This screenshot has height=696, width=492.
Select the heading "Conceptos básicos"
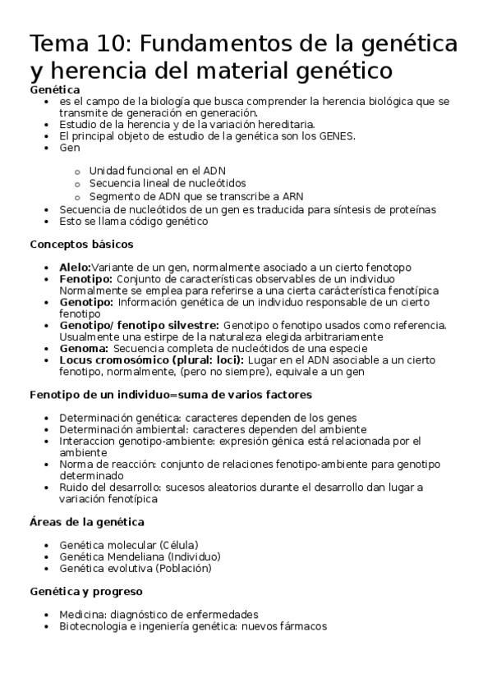click(81, 244)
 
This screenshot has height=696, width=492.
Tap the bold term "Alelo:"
click(75, 267)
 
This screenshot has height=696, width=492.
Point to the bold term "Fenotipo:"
click(86, 278)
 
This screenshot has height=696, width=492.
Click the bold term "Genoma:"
click(84, 348)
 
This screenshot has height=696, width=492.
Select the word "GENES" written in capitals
click(336, 136)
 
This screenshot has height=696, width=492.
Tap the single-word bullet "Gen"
click(70, 148)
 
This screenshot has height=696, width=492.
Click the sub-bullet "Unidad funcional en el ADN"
click(158, 171)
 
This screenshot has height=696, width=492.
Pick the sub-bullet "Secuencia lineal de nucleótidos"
click(168, 183)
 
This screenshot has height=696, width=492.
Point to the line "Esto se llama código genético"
click(134, 221)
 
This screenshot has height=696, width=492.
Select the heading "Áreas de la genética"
click(87, 521)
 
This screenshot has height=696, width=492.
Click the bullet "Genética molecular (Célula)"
click(129, 544)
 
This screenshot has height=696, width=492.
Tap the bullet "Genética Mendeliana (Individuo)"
click(140, 556)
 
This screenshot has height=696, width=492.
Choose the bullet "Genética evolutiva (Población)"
click(136, 567)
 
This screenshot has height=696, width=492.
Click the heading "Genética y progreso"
click(86, 591)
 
